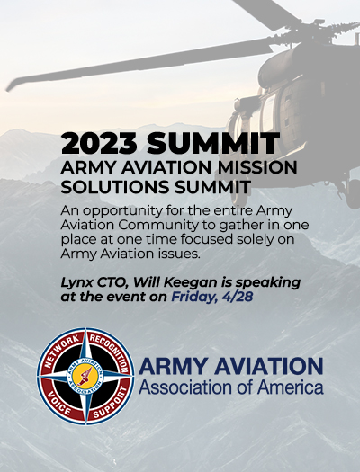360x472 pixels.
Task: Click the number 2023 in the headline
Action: click(x=99, y=143)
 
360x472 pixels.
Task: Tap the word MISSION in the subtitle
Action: click(x=257, y=167)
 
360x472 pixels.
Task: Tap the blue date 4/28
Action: click(x=238, y=297)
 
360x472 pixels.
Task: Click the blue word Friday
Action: click(x=194, y=298)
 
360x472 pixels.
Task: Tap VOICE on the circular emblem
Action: click(x=59, y=405)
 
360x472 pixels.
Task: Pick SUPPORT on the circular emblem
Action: click(x=111, y=403)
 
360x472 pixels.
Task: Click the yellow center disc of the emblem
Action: click(x=85, y=377)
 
